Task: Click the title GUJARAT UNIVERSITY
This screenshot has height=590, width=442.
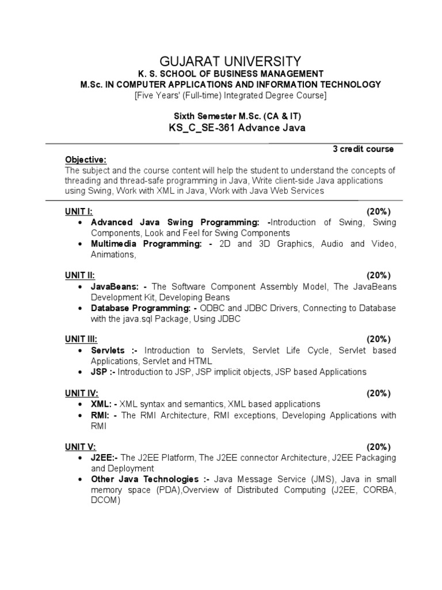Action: point(229,60)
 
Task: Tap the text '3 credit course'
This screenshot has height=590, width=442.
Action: point(363,149)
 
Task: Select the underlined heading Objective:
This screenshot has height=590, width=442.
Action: point(86,159)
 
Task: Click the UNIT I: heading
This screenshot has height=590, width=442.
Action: point(78,211)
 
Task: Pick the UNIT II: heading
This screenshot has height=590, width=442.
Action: point(79,275)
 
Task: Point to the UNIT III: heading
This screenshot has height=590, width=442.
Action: point(81,339)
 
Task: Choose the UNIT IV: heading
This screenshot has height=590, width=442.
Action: point(81,393)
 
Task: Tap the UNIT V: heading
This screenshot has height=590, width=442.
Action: point(80,447)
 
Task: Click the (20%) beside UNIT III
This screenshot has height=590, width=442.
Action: point(379,339)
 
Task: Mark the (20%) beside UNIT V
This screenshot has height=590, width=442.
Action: point(379,447)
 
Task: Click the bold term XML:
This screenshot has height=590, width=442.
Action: point(104,404)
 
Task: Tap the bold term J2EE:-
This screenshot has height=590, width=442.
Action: point(105,457)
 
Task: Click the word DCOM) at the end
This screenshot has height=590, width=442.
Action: point(105,501)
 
